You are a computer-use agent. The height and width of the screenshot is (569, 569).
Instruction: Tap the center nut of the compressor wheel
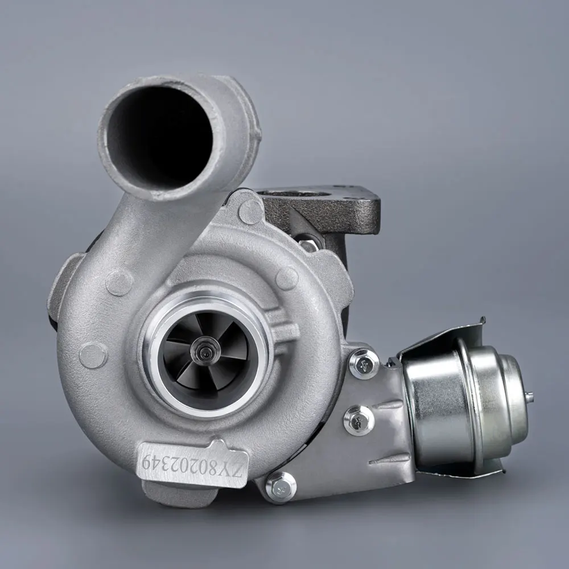(x=204, y=348)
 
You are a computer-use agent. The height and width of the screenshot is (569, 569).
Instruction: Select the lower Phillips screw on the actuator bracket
(x=359, y=420)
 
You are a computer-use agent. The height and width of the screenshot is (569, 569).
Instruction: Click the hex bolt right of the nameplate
(x=281, y=486)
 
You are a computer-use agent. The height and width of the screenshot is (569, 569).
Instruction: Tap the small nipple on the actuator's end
(x=530, y=396)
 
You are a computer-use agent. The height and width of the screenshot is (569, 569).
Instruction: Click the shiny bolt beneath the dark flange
(x=308, y=245)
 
